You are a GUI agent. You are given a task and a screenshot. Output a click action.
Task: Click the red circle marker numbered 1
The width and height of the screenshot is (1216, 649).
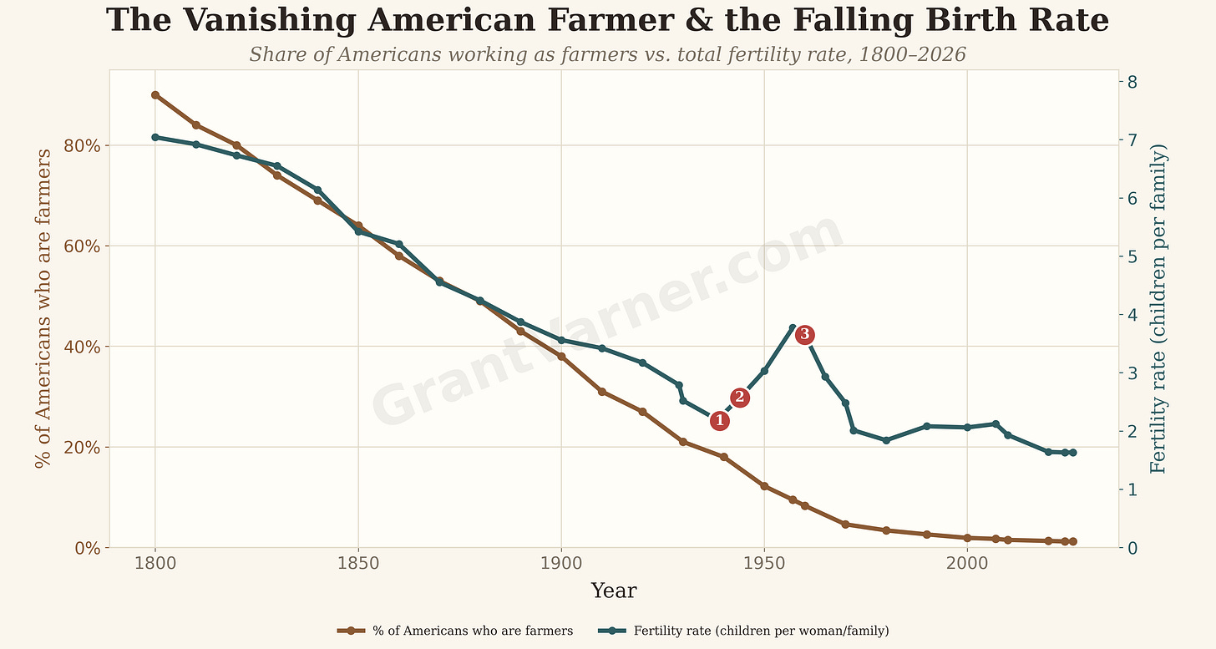click(x=719, y=420)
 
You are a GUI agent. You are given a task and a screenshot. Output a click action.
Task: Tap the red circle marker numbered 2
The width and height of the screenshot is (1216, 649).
click(x=739, y=398)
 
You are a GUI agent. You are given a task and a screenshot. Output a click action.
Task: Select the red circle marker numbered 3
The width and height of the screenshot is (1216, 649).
click(x=804, y=335)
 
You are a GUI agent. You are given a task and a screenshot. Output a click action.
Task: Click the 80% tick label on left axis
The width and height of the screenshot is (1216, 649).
click(x=82, y=146)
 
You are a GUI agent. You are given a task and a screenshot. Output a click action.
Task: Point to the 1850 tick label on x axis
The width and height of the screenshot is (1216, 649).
click(x=357, y=563)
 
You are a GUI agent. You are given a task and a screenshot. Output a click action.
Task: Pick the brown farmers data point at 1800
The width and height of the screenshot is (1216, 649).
click(x=155, y=95)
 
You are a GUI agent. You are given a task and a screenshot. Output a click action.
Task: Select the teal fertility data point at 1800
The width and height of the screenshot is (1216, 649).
click(x=155, y=138)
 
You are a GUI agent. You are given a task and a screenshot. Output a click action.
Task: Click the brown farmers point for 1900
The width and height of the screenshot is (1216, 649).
click(x=561, y=357)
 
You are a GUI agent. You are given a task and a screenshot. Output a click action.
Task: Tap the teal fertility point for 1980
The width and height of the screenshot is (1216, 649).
click(x=886, y=440)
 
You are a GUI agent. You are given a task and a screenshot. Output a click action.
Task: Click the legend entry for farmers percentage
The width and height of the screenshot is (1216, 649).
click(x=455, y=631)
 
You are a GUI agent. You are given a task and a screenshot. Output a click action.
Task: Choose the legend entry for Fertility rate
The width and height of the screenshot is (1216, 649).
click(x=743, y=631)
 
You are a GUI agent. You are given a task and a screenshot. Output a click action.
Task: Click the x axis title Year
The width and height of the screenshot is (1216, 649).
click(x=613, y=591)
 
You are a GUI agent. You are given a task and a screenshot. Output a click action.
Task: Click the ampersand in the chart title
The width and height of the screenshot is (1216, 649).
click(x=699, y=20)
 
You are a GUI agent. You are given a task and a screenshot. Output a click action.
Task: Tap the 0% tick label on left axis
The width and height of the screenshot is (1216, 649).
click(x=88, y=548)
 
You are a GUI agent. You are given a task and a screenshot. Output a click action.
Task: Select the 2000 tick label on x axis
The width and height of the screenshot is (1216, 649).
click(x=967, y=563)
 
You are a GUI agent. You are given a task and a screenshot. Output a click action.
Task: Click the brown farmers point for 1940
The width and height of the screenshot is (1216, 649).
click(x=723, y=457)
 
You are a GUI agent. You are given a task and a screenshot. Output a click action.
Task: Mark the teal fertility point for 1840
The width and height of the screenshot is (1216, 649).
click(x=317, y=190)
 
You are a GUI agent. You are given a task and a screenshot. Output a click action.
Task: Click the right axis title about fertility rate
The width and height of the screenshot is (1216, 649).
click(x=1158, y=308)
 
